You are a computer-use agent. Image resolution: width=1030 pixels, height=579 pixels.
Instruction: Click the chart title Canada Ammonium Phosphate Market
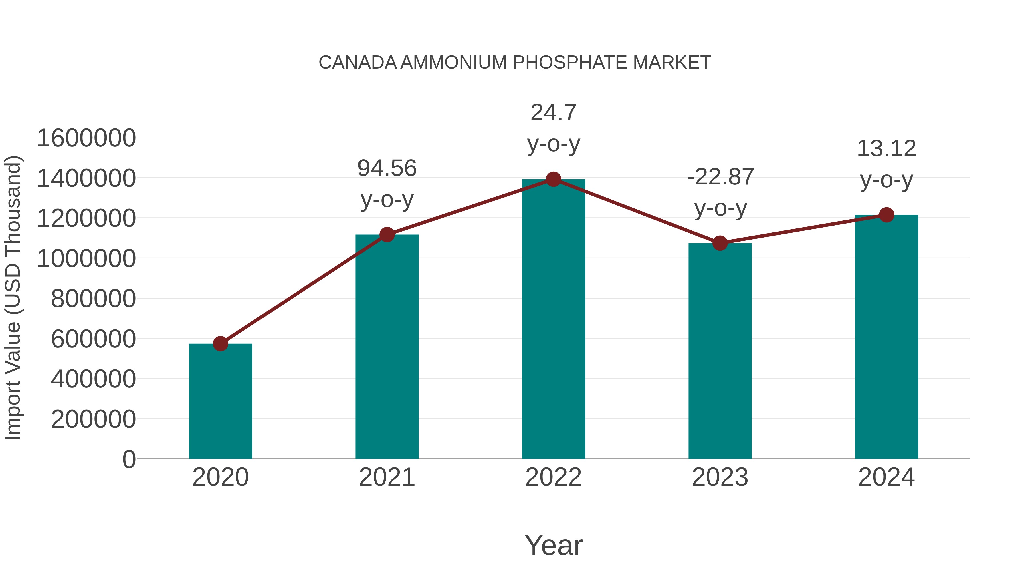515,63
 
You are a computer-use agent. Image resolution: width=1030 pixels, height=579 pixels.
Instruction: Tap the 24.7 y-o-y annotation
553,128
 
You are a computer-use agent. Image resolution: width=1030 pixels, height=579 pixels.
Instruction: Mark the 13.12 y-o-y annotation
886,164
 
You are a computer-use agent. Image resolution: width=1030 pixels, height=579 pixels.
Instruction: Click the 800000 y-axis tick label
94,299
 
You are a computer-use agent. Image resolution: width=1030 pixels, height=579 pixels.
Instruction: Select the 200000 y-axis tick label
94,419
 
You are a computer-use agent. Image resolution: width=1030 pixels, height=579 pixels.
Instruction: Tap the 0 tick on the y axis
129,459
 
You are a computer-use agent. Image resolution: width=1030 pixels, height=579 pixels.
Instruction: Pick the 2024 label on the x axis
886,477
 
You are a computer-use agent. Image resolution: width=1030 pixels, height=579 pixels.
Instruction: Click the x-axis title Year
553,545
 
